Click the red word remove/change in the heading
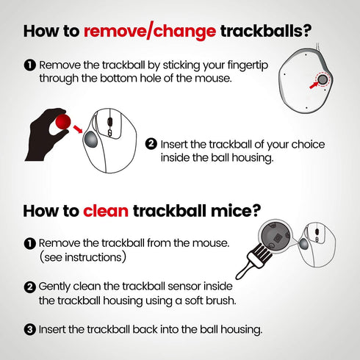coord(150,32)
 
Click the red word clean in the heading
coord(106,211)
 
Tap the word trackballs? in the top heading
coord(266,32)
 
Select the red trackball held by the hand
coord(63,121)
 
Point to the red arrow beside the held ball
coord(78,129)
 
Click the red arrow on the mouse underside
coord(314,84)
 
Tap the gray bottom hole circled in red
coord(323,79)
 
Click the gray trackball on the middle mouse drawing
coord(91,139)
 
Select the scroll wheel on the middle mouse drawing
coord(110,122)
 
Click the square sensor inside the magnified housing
coord(278,237)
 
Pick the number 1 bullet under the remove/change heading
coord(30,65)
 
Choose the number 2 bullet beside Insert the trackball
coord(151,144)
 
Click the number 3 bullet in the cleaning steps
coord(30,330)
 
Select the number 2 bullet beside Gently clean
coord(30,287)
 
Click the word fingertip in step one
coord(248,65)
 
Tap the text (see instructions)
coord(83,257)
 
